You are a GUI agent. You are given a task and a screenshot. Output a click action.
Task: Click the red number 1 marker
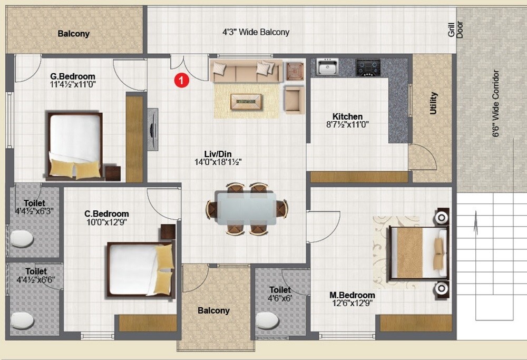[x=181, y=80]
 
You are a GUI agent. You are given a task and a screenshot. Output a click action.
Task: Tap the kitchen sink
[x=327, y=67]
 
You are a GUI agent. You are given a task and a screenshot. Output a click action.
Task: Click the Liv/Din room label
[x=218, y=154]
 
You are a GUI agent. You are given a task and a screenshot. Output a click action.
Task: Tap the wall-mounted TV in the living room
[x=153, y=129]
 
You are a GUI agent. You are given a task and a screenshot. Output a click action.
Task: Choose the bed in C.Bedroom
[x=140, y=269]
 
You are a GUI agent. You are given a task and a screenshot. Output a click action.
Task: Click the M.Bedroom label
[x=352, y=295]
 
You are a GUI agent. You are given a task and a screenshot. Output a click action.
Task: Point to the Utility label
[x=433, y=103]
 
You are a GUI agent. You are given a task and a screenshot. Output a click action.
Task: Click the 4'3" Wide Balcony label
[x=256, y=32]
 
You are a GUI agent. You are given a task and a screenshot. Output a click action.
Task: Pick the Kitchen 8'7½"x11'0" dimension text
[x=347, y=125]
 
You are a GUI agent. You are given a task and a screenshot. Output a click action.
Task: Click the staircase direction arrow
[x=476, y=221]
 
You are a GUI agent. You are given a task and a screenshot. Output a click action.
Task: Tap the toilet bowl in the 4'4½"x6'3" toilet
[x=22, y=239]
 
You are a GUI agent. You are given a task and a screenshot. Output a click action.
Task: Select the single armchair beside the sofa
[x=294, y=99]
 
